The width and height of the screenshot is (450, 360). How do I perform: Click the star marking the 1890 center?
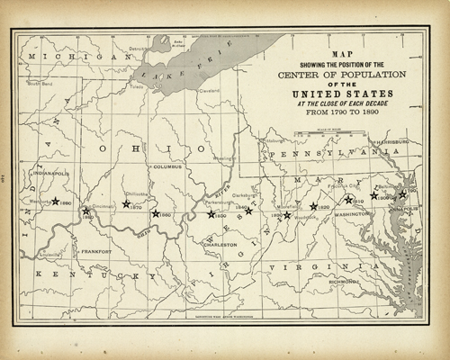point(56,202)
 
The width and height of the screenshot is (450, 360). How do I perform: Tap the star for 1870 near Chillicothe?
point(126,204)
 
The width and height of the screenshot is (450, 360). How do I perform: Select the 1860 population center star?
point(155,214)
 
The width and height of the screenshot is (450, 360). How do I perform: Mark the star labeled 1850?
point(211,214)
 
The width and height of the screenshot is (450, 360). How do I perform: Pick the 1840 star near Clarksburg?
point(249,211)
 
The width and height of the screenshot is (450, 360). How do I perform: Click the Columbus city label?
point(166,167)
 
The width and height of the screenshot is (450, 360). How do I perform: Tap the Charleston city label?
point(221,244)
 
